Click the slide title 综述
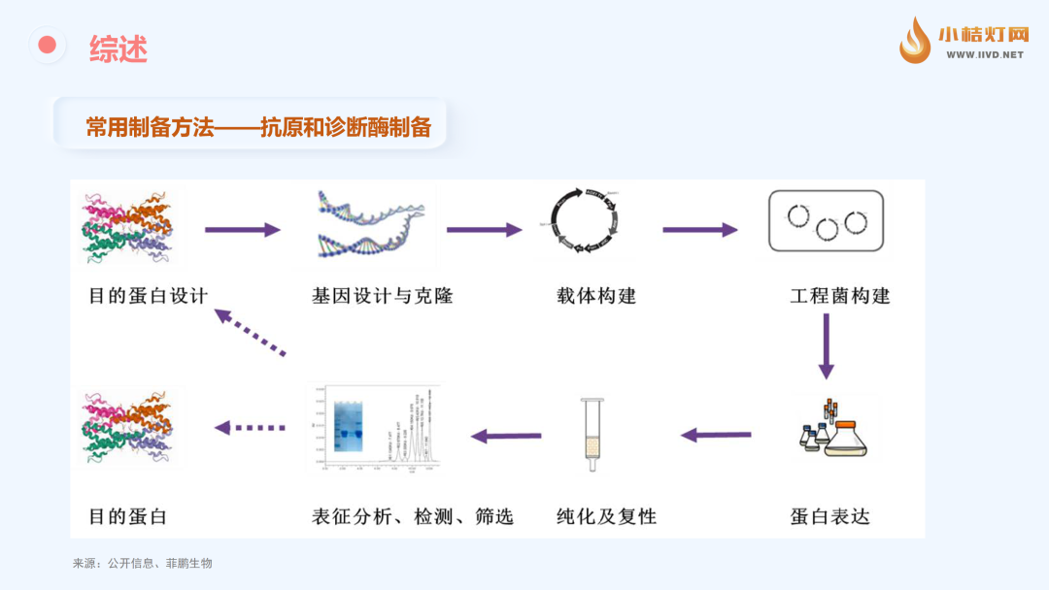(118, 49)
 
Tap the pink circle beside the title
(47, 45)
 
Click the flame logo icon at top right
(914, 41)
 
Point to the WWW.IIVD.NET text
(985, 55)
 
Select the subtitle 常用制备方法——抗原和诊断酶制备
(257, 127)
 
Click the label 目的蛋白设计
(148, 296)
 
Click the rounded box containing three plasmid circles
(827, 222)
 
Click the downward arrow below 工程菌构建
(826, 346)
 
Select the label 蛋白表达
(829, 516)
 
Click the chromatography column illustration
(590, 434)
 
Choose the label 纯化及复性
(606, 516)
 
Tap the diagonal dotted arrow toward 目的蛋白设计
(251, 333)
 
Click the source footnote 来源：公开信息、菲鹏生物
(142, 563)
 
